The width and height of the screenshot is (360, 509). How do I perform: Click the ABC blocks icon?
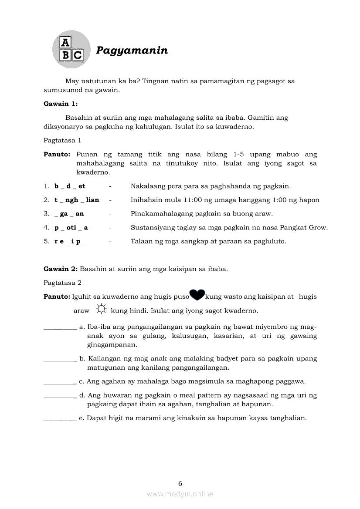point(71,49)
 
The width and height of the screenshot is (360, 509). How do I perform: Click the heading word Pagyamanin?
point(132,51)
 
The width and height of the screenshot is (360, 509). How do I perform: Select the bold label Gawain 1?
point(61,104)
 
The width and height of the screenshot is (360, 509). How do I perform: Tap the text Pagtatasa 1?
point(62,140)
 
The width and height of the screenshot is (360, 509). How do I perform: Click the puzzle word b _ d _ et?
point(70,186)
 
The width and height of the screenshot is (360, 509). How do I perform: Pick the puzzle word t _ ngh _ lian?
point(77,200)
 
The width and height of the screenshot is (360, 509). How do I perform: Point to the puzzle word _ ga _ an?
point(69,214)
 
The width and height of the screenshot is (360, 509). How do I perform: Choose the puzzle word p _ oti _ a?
point(71,227)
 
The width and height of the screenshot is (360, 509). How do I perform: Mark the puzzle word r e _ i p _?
point(70,241)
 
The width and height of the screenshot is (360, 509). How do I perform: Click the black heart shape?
point(197,295)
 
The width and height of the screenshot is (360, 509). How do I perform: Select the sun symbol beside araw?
point(101,310)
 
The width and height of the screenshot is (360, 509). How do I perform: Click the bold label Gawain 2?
point(61,269)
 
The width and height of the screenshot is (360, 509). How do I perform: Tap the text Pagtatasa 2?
point(62,283)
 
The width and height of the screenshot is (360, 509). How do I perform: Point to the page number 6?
point(180,483)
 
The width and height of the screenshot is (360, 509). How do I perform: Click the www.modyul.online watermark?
point(180,494)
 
